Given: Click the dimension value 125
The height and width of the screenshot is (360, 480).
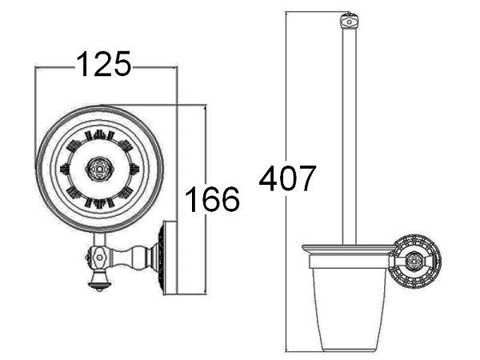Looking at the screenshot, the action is pos(103,64).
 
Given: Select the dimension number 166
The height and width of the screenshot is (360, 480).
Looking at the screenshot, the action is pos(212,199).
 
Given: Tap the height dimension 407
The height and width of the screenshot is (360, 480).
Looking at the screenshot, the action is pos(287,178).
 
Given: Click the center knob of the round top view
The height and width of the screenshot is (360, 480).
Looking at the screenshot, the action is pos(99,169).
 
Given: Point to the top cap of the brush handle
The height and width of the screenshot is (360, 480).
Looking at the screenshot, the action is pos(349,22).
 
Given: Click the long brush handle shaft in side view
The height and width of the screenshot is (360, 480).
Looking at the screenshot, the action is pos(350,137).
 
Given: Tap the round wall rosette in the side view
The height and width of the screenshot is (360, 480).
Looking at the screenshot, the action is pos(417,261).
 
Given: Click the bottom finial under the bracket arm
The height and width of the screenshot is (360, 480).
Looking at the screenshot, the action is pos(99,281).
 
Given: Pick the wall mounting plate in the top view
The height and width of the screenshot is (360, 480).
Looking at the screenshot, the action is pos(170,258).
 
